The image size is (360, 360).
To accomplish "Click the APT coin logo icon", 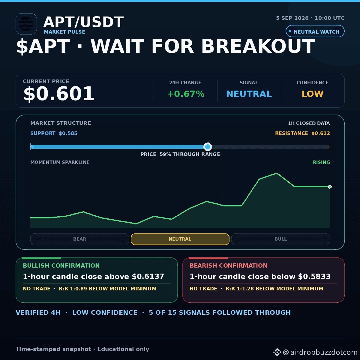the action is tap(26, 24).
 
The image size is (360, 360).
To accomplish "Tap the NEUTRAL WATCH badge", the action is tap(315, 31).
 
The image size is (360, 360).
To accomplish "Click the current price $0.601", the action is tap(59, 94).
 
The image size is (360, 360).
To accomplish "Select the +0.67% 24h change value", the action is tap(186, 94).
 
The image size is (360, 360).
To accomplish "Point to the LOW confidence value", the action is tap(312, 94).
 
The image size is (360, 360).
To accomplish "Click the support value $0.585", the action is tap(68, 133).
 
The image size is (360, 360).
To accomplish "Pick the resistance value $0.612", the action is tap(321, 133).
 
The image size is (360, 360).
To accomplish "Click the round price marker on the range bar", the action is tap(208, 147).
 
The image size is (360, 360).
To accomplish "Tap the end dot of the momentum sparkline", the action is tap(330, 187).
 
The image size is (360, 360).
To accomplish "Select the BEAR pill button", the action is tap(79, 239).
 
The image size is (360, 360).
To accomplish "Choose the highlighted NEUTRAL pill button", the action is tap(180, 239).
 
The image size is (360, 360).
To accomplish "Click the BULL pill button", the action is tap(280, 239).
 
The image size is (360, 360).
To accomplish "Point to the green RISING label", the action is tap(321, 162).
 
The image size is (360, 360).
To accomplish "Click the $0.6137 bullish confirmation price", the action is tap(148, 277).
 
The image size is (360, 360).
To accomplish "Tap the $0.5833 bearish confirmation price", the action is tap(314, 277).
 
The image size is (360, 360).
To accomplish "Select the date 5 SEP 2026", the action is tap(292, 18).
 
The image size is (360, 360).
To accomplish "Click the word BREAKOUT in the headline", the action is tap(258, 46).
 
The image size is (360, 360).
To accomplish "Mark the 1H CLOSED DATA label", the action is tap(309, 123).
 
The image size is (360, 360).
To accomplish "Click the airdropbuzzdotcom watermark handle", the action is tap(320, 352).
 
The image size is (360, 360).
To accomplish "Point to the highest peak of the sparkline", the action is tap(277, 173).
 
